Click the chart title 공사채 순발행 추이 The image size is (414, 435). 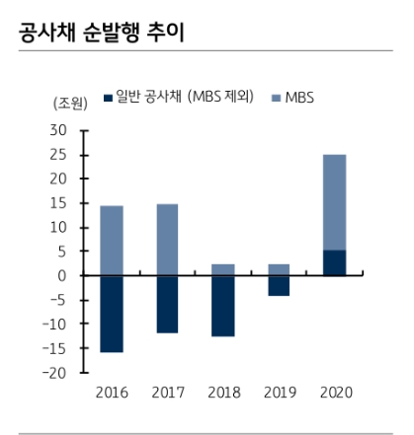99,33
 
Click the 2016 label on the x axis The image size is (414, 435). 112,393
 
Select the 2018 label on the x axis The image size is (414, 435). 223,393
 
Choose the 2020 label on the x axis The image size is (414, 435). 335,393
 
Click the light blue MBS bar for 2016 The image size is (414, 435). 112,241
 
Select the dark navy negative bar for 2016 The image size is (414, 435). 112,314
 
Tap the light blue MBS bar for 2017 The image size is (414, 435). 167,240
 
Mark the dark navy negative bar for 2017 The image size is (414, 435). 167,304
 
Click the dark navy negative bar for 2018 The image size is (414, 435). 223,306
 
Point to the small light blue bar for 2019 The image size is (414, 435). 279,269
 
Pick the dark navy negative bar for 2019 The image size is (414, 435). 279,285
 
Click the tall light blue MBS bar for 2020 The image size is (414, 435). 335,202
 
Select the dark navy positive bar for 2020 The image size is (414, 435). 335,262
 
